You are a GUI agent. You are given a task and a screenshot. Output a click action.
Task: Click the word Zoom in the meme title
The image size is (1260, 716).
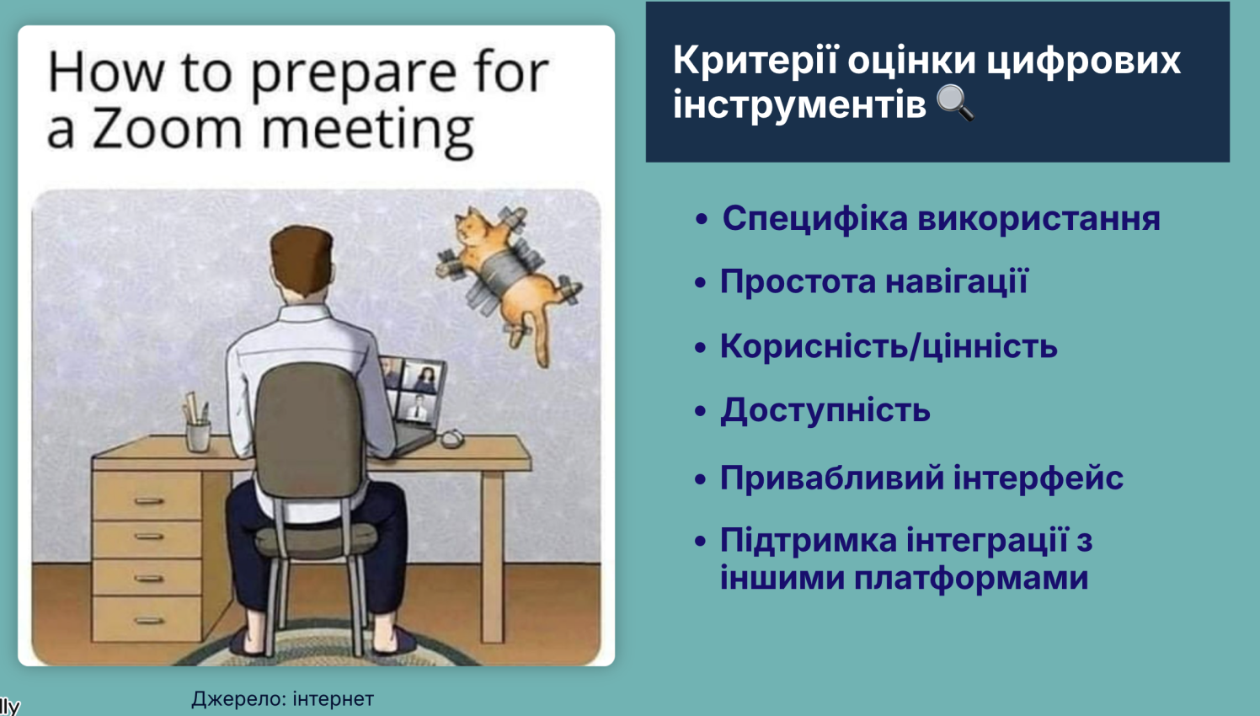point(167,129)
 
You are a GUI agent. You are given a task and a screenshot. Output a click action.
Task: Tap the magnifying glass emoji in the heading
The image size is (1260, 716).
point(955,103)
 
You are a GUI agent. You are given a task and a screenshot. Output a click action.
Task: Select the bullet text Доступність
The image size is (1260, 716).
point(825,410)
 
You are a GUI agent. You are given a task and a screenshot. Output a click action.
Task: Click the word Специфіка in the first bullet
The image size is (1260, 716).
point(815,219)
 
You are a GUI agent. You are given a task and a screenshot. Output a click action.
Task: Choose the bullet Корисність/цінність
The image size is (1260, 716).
point(889,346)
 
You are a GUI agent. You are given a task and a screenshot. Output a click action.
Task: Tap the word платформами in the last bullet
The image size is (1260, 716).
point(971,578)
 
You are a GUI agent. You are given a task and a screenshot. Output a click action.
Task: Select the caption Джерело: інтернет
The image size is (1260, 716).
point(282,699)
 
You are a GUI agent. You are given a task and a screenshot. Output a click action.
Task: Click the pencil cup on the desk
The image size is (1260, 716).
point(198,435)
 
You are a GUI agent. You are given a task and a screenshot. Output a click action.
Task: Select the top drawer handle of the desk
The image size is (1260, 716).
point(149,500)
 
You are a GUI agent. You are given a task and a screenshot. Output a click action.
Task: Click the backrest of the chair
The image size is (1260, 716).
point(309,430)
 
